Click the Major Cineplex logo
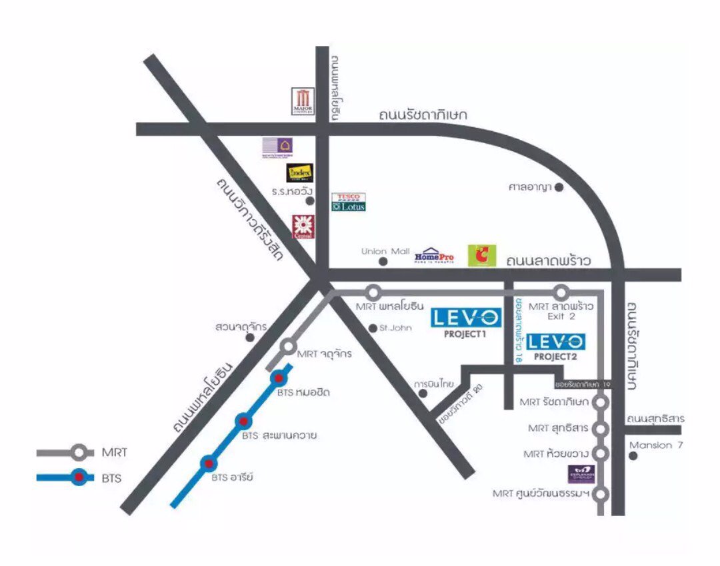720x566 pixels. pyautogui.click(x=302, y=101)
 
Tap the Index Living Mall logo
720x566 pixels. pyautogui.click(x=299, y=173)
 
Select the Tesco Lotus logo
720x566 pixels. pyautogui.click(x=349, y=202)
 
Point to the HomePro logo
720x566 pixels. pyautogui.click(x=434, y=256)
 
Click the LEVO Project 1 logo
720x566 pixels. pyautogui.click(x=465, y=318)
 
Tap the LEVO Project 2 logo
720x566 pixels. pyautogui.click(x=556, y=342)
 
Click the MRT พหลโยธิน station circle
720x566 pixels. pyautogui.click(x=373, y=292)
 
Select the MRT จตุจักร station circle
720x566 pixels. pyautogui.click(x=288, y=346)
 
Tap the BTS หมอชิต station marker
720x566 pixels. pyautogui.click(x=278, y=378)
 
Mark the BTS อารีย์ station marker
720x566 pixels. pyautogui.click(x=209, y=462)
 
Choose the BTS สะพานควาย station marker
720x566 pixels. pyautogui.click(x=243, y=421)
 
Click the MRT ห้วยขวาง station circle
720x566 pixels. pyautogui.click(x=601, y=454)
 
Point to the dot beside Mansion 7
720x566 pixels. pyautogui.click(x=633, y=456)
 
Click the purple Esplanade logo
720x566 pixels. pyautogui.click(x=578, y=474)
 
